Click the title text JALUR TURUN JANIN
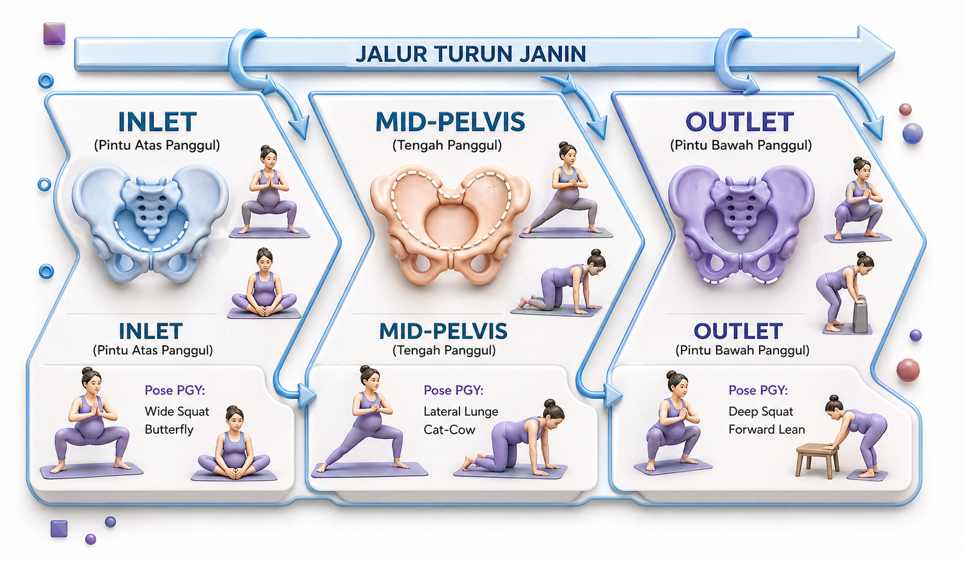click(x=471, y=54)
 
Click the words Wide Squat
click(x=177, y=411)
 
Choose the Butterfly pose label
click(x=169, y=429)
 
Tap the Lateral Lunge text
click(x=461, y=411)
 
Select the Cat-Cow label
click(x=449, y=429)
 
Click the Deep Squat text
click(x=760, y=411)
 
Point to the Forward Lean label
click(x=766, y=429)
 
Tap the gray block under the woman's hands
click(x=861, y=317)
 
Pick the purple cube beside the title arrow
click(x=54, y=33)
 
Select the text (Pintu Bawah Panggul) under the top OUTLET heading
click(x=740, y=145)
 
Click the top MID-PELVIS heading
click(x=450, y=122)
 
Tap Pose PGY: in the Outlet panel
click(x=758, y=390)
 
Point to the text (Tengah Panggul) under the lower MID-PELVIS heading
click(x=444, y=351)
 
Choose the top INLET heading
click(x=157, y=122)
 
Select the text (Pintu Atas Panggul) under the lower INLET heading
click(x=153, y=351)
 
